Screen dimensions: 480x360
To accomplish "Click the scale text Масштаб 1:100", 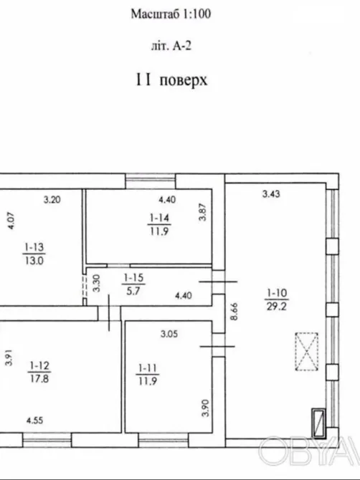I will click(173, 14).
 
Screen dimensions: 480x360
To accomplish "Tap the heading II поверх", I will click(172, 80).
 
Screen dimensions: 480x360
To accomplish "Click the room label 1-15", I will click(133, 278).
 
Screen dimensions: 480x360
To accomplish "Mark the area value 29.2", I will click(275, 305).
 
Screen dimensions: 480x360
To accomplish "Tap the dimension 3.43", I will click(270, 193).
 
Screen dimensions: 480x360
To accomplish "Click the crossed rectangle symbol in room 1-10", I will click(308, 352).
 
